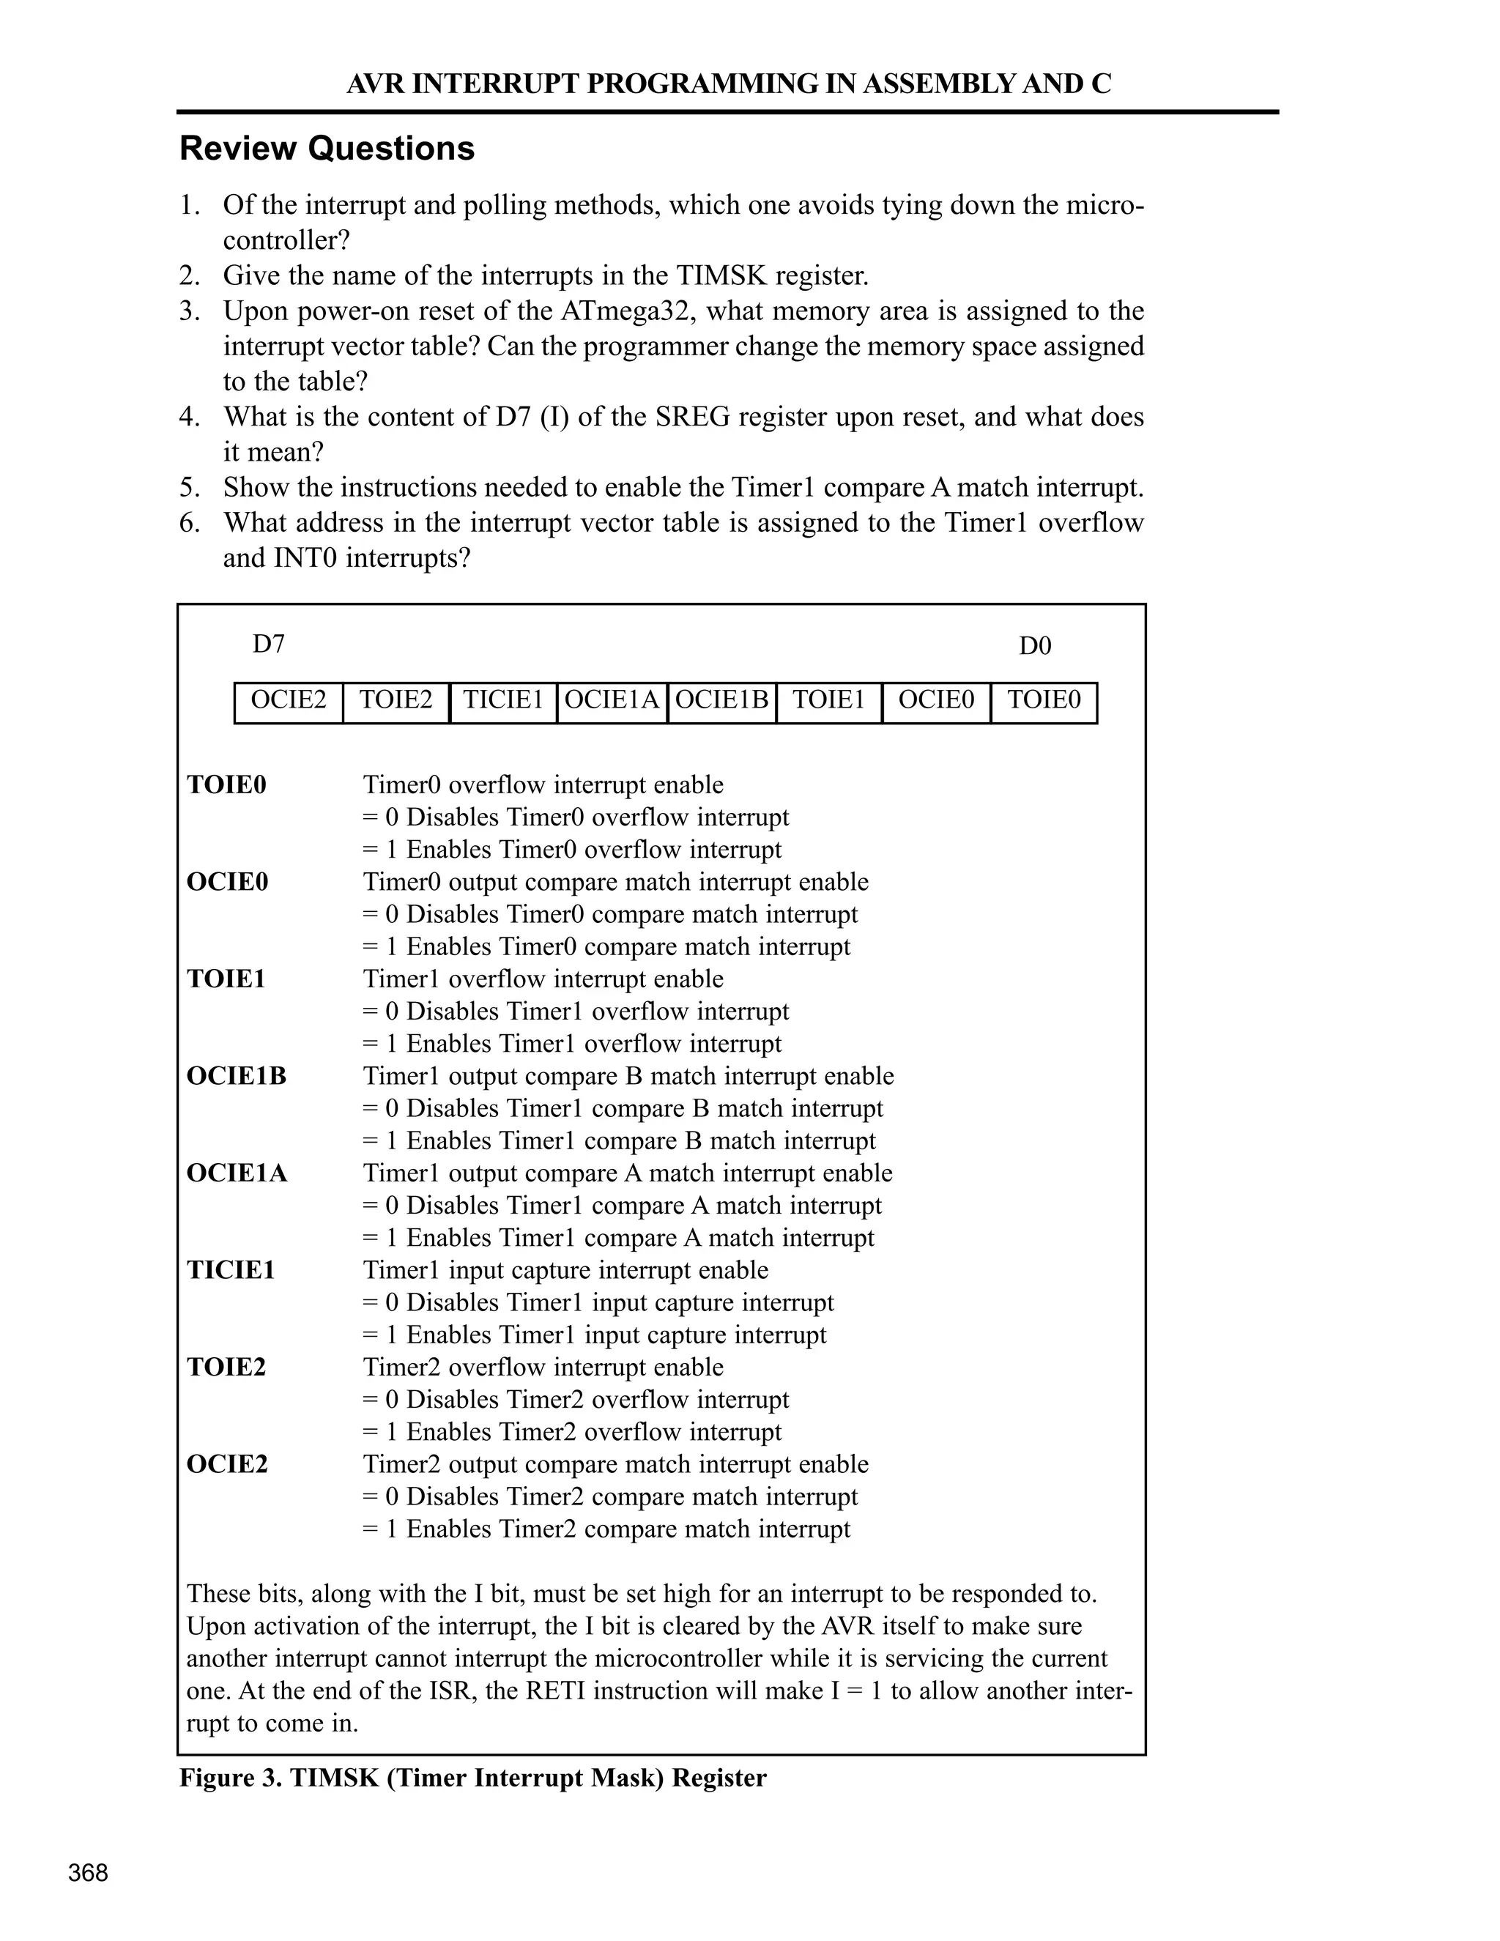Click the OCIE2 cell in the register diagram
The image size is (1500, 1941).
pyautogui.click(x=288, y=701)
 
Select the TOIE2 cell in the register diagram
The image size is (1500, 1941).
pyautogui.click(x=396, y=701)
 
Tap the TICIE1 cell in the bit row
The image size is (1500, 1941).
pyautogui.click(x=503, y=701)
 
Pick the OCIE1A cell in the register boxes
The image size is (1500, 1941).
pyautogui.click(x=612, y=701)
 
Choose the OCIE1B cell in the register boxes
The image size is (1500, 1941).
pyautogui.click(x=721, y=701)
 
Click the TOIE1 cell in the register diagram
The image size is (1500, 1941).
pyautogui.click(x=828, y=701)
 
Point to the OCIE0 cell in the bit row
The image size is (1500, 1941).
pyautogui.click(x=936, y=701)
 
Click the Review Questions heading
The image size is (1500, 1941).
pyautogui.click(x=327, y=149)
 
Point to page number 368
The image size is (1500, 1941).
pyautogui.click(x=88, y=1874)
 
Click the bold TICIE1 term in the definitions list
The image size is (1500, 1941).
pyautogui.click(x=231, y=1271)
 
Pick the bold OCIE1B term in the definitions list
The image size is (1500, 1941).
pyautogui.click(x=237, y=1076)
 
